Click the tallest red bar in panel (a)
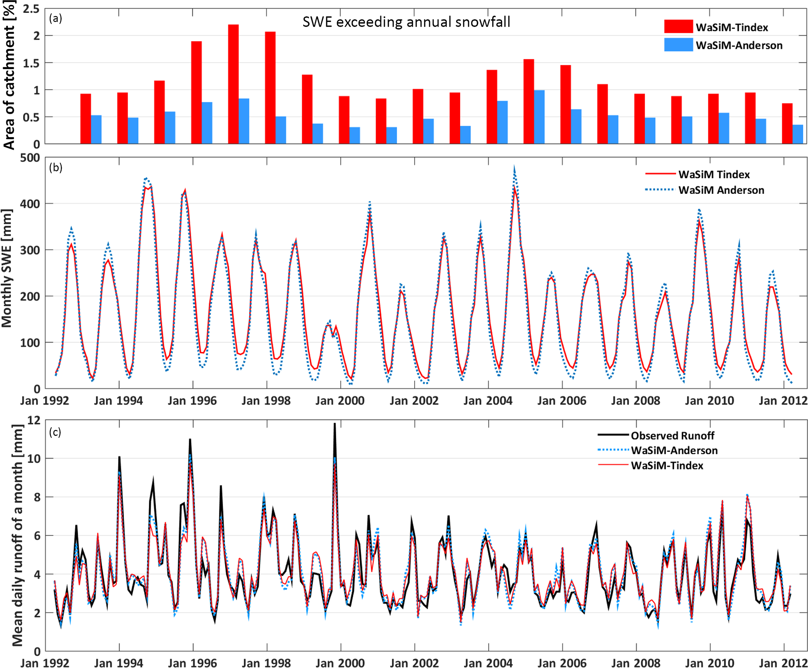[x=233, y=84]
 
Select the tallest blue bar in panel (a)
[x=539, y=117]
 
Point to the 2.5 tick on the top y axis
[x=31, y=9]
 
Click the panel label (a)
[x=56, y=18]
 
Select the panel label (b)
[x=56, y=167]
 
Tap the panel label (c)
[x=55, y=432]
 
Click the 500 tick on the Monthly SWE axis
[x=30, y=158]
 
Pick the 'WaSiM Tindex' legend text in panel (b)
[x=713, y=174]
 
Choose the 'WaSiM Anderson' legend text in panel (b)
[x=721, y=190]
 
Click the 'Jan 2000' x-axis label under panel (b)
[x=340, y=401]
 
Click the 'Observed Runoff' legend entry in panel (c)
[x=672, y=435]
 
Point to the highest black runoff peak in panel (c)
[x=335, y=424]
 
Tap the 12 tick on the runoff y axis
[x=34, y=420]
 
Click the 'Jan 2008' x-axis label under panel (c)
[x=636, y=663]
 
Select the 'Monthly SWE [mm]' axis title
[x=7, y=269]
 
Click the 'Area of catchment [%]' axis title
[x=9, y=75]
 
